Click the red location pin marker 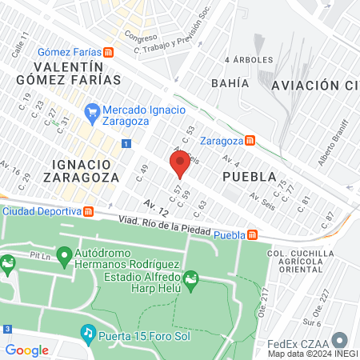[x=180, y=163]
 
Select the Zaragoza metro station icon [x=250, y=140]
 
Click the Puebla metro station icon [x=252, y=234]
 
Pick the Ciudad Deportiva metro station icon [x=89, y=211]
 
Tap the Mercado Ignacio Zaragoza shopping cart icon [x=92, y=111]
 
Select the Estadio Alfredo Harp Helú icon [x=190, y=280]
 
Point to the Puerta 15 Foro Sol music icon [x=87, y=330]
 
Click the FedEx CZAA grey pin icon [x=340, y=339]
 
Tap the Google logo [x=26, y=350]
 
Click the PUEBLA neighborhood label [x=249, y=176]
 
